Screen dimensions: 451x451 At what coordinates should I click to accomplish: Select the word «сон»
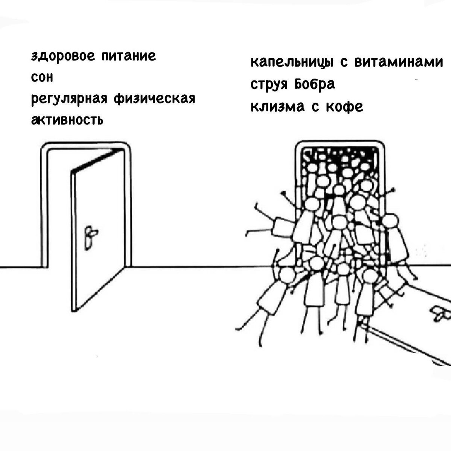point(42,78)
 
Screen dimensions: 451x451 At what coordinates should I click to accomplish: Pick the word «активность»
point(67,120)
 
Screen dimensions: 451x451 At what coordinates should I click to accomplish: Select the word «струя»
point(269,85)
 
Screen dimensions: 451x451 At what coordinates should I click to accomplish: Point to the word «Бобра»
point(314,84)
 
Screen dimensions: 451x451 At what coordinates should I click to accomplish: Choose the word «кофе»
point(344,107)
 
